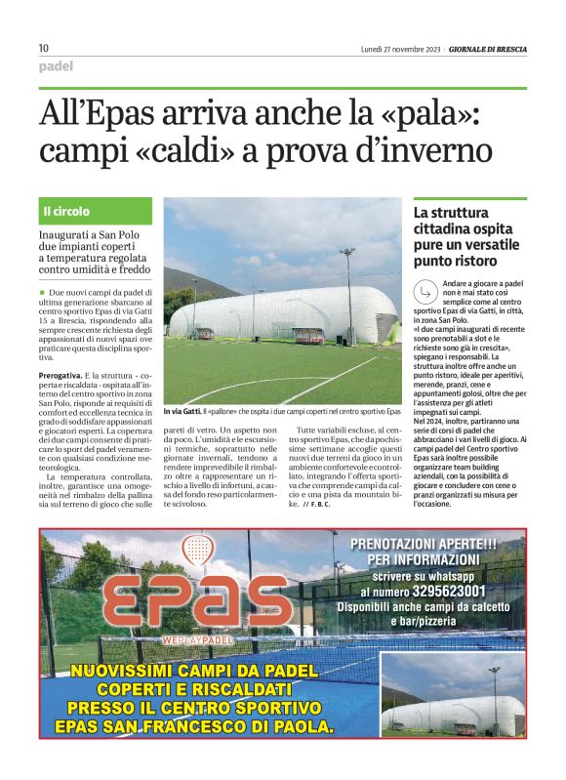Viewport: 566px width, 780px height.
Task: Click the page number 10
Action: tap(44, 48)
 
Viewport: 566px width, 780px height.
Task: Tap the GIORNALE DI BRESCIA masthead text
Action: tap(486, 48)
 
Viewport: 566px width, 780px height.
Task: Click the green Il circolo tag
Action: tap(66, 211)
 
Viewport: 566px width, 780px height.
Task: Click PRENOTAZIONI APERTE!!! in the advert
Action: tap(424, 544)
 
